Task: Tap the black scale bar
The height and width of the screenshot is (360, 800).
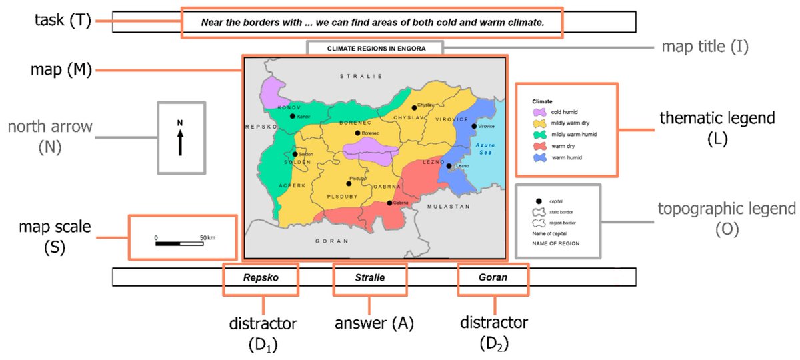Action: click(x=179, y=243)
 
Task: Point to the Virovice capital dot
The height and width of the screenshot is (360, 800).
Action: click(x=474, y=126)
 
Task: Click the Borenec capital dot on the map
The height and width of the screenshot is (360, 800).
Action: click(x=358, y=133)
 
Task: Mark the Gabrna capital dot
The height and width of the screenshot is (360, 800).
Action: click(x=389, y=203)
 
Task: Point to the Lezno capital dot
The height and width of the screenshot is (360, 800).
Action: click(x=449, y=166)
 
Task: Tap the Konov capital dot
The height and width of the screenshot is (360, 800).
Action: click(x=292, y=116)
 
